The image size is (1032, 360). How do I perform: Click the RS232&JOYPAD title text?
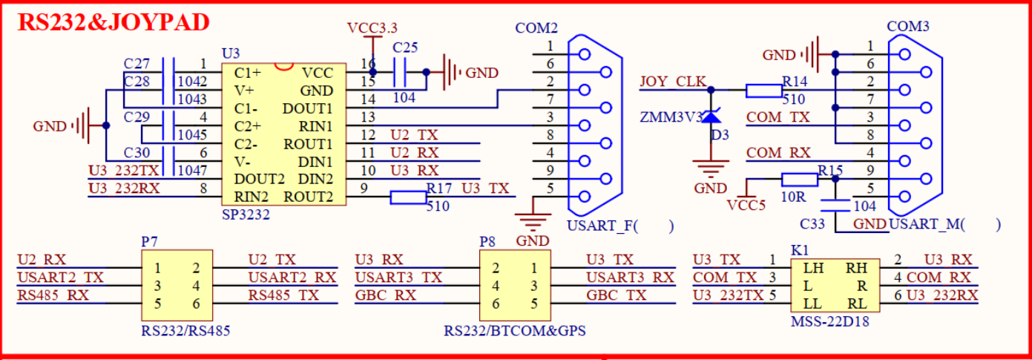(x=114, y=22)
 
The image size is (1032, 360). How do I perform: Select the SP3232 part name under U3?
(x=246, y=214)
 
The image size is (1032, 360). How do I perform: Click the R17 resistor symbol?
(x=409, y=197)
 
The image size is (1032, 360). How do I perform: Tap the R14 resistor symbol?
(x=763, y=91)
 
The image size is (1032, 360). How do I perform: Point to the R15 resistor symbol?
(x=800, y=179)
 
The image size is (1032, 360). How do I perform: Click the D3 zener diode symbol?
(x=711, y=117)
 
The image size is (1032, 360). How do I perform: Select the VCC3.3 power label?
(x=372, y=28)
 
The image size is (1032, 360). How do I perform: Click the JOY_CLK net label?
(x=673, y=82)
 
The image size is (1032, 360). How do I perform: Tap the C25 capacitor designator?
(x=405, y=48)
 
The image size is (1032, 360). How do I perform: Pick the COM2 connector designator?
(x=536, y=28)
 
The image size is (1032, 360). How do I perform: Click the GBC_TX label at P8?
(x=616, y=295)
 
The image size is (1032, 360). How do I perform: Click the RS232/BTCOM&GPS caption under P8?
(x=514, y=331)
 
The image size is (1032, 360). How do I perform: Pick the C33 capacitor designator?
(x=814, y=223)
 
